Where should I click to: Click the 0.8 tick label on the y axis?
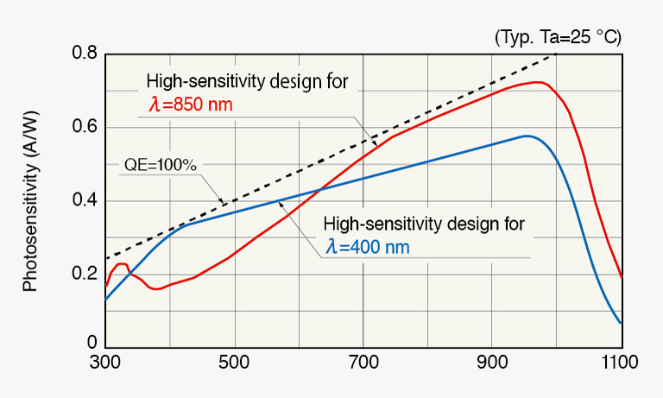pos(84,54)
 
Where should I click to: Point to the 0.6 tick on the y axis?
pos(84,128)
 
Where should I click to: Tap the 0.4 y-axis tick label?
pos(84,201)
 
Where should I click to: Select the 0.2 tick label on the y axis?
pos(84,275)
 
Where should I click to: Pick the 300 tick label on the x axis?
pos(105,364)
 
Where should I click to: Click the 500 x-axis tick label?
pos(234,364)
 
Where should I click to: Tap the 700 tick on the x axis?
pos(363,364)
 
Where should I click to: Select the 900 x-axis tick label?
pos(492,364)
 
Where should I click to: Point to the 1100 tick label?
pos(621,364)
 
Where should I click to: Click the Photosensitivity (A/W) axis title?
pos(30,200)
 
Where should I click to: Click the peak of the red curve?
pos(538,82)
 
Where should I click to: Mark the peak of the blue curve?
pos(526,136)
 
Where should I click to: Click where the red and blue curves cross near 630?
pos(320,190)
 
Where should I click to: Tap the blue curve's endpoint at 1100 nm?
pos(621,324)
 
